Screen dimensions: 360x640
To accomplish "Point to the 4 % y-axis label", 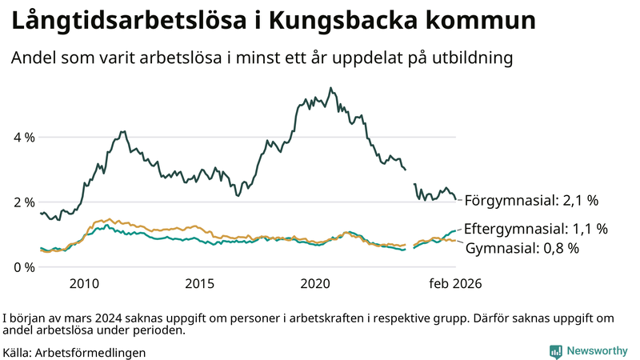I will (24, 137).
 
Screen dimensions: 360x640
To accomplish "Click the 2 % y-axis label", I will (24, 202).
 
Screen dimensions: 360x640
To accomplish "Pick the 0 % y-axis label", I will (24, 266).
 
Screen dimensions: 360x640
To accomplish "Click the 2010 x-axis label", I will (84, 284).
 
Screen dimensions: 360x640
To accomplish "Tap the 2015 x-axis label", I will (199, 284).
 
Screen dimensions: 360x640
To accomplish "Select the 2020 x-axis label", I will (315, 284).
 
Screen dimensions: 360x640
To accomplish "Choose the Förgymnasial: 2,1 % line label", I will (531, 200).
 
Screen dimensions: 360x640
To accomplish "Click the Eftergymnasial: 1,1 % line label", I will (535, 229).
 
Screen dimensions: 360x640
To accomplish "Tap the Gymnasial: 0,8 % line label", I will (522, 248).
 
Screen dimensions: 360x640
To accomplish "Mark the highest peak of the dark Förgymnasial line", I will (331, 88).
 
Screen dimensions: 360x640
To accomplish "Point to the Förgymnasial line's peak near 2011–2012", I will (122, 131).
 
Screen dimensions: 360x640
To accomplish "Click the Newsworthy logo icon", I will (555, 351).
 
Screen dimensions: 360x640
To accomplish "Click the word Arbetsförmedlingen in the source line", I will (90, 352).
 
